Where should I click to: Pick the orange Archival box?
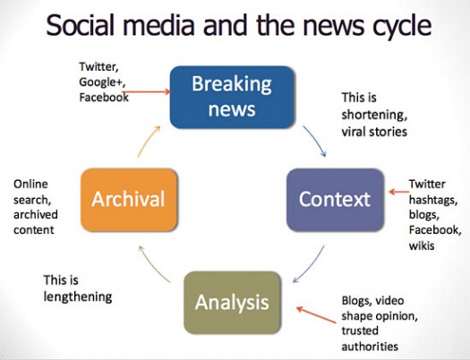[129, 196]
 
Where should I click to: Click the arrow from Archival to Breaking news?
[151, 139]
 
